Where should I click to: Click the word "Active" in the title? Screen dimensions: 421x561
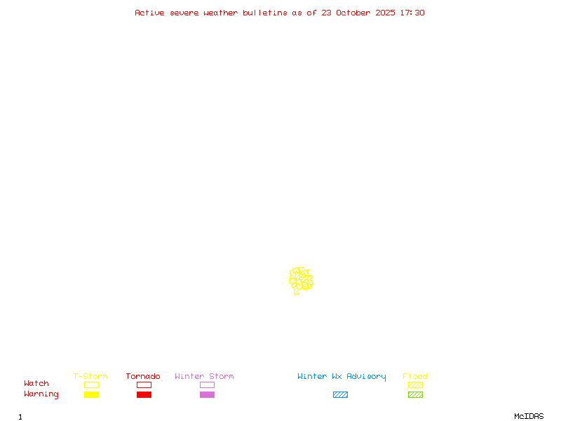[149, 13]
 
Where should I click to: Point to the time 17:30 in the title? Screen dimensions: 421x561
[412, 13]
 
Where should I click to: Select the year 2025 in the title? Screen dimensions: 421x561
[386, 13]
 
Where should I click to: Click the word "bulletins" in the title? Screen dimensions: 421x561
[265, 13]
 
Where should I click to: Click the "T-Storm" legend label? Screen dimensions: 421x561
[90, 376]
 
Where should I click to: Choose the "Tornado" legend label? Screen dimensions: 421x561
[143, 376]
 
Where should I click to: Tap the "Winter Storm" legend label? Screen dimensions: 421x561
[204, 376]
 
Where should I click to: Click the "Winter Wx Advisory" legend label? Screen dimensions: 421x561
[342, 376]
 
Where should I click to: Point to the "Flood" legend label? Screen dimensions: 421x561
[415, 376]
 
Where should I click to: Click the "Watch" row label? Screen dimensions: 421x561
[36, 384]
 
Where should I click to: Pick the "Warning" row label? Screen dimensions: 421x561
[41, 394]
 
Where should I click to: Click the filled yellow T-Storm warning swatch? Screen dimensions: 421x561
[91, 395]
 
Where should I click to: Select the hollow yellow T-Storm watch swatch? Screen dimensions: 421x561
[91, 385]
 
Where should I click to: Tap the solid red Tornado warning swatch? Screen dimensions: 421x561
[144, 395]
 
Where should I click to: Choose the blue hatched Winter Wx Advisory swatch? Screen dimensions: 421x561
[340, 395]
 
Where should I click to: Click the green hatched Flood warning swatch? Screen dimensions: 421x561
[415, 395]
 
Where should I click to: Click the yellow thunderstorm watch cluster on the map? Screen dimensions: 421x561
[301, 280]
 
